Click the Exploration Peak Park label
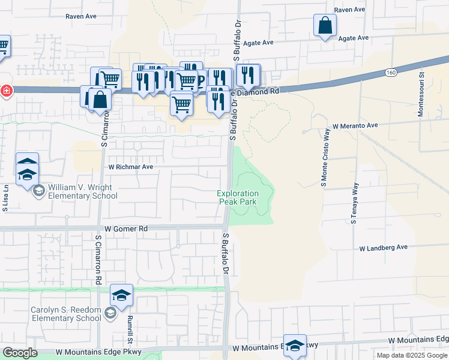click(238, 197)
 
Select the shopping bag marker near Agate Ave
click(325, 26)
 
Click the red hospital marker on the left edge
click(5, 91)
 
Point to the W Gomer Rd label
click(126, 229)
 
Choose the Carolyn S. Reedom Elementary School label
click(66, 314)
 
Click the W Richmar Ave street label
click(130, 166)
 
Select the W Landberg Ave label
click(384, 247)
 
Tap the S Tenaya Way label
click(354, 203)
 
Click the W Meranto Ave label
click(355, 126)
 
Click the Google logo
click(20, 353)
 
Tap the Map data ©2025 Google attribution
click(412, 355)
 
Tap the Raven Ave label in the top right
click(350, 10)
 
